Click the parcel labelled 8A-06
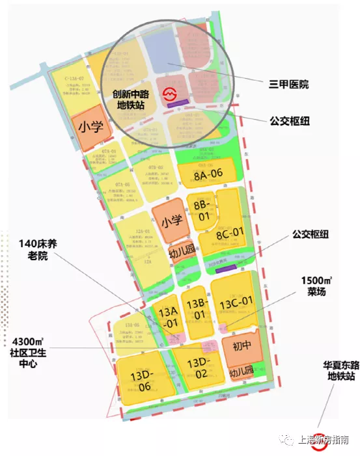(x=208, y=173)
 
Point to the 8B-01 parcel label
(x=201, y=209)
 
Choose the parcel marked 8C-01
(x=229, y=232)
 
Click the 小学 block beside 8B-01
(x=171, y=221)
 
